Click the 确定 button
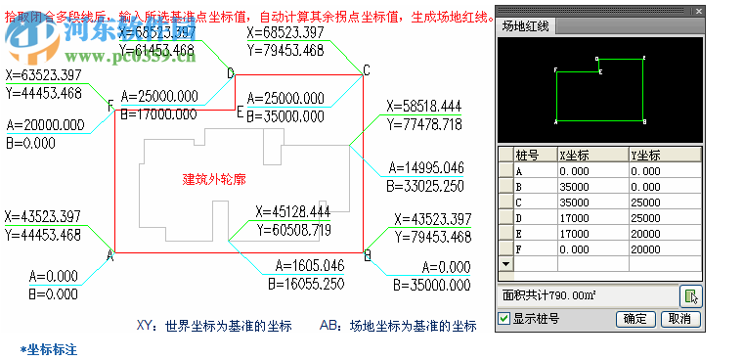click(x=636, y=319)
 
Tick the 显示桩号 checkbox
click(x=504, y=319)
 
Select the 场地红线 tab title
click(x=526, y=26)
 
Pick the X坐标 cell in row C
click(x=591, y=202)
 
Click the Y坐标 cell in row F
click(x=664, y=249)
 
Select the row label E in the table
click(x=520, y=234)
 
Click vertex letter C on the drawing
click(x=366, y=69)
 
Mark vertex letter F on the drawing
click(x=109, y=106)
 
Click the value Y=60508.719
click(x=293, y=230)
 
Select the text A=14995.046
click(x=425, y=168)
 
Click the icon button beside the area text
click(x=690, y=295)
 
